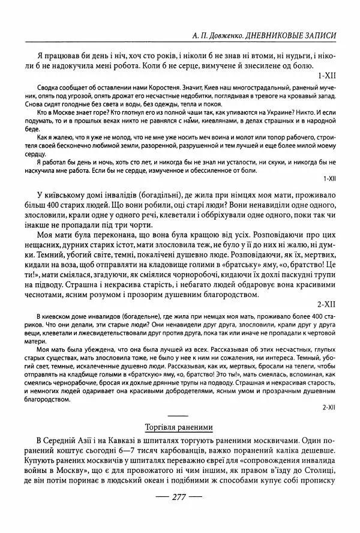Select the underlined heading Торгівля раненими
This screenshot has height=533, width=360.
(x=179, y=427)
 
